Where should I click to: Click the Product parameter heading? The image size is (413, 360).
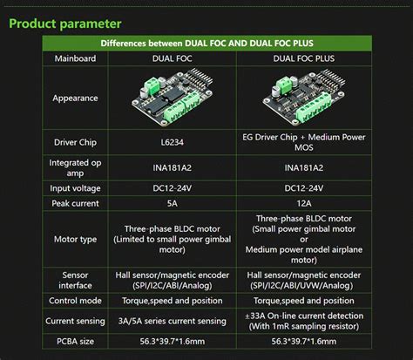point(65,24)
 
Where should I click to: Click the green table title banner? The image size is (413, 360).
point(206,44)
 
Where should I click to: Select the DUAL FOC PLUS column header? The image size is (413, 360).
point(304,58)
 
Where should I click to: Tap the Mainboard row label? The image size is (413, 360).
point(75,58)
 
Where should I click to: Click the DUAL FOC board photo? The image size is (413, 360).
point(173,97)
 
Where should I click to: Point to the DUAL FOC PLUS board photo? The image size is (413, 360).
point(304,97)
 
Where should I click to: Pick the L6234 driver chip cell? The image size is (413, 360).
point(173,142)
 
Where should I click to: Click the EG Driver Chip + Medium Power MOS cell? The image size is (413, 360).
point(304,142)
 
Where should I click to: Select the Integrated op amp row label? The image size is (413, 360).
point(75,167)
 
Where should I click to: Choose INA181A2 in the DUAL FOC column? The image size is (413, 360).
point(173,167)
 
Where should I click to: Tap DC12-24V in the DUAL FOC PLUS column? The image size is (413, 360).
point(304,188)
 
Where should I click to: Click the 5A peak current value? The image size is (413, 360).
point(173,203)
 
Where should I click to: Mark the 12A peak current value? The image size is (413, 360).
point(304,203)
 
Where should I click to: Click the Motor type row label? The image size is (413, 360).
point(75,240)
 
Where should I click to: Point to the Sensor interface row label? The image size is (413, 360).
point(75,280)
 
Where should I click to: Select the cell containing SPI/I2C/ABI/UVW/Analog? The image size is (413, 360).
point(304,280)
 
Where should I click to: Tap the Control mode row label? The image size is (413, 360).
point(75,301)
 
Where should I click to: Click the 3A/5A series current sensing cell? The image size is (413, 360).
point(173,321)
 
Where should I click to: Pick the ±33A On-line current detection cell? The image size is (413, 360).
point(304,321)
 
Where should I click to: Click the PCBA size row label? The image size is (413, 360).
point(75,342)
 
